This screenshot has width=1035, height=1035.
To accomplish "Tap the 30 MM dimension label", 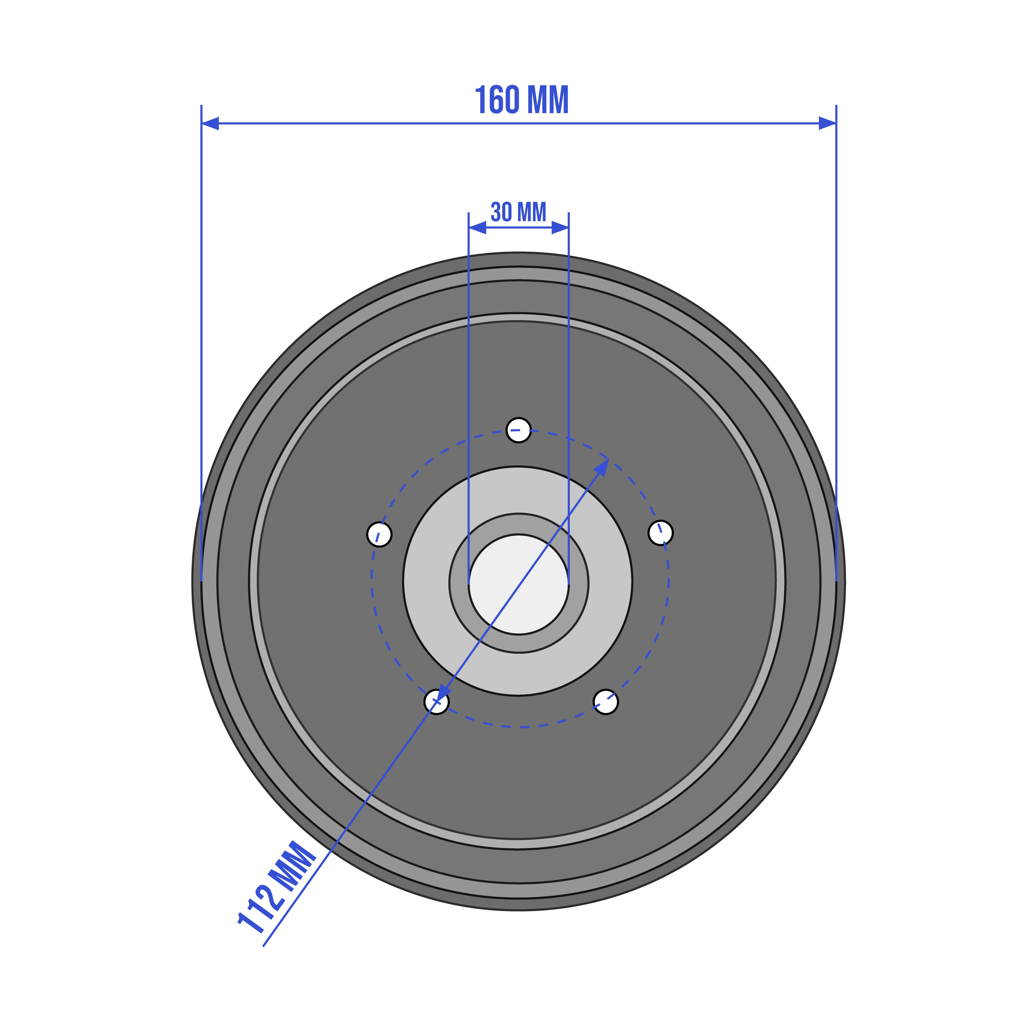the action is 518,212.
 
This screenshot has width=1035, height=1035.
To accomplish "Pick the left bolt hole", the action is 379,534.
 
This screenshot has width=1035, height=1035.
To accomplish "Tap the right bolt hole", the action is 660,532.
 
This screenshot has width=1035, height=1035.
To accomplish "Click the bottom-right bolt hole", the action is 606,702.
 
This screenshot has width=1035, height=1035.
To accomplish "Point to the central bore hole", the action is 518,584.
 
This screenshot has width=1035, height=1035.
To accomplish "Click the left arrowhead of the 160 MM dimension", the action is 210,123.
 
